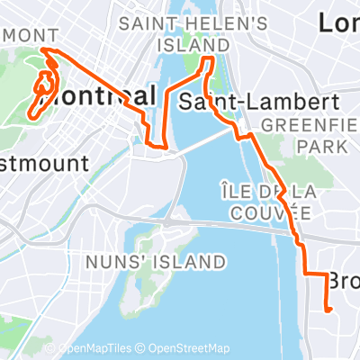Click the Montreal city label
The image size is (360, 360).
(x=99, y=95)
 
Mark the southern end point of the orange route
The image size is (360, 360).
(x=328, y=310)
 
